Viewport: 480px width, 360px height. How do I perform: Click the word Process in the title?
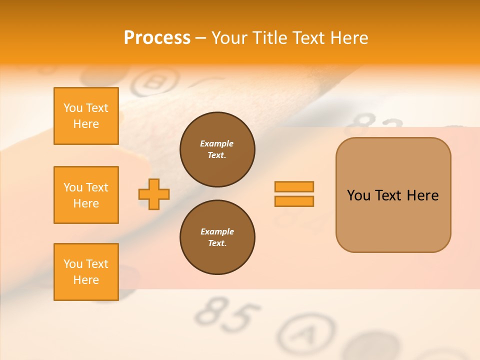[157, 38]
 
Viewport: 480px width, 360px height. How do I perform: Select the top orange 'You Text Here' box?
[86, 116]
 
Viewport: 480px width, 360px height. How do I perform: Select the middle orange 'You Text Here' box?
[86, 195]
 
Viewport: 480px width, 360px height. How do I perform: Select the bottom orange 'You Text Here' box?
[86, 272]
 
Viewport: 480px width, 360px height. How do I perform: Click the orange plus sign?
[154, 194]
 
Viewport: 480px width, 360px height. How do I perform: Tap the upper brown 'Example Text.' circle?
[217, 149]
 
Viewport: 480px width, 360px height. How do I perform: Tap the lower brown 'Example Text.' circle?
[217, 237]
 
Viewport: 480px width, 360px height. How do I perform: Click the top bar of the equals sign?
[294, 187]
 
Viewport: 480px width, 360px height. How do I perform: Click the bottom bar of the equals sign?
[294, 201]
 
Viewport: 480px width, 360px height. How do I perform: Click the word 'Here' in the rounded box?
[422, 195]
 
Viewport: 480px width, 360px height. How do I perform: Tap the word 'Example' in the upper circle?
[216, 143]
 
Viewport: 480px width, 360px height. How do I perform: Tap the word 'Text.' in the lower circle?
[217, 243]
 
